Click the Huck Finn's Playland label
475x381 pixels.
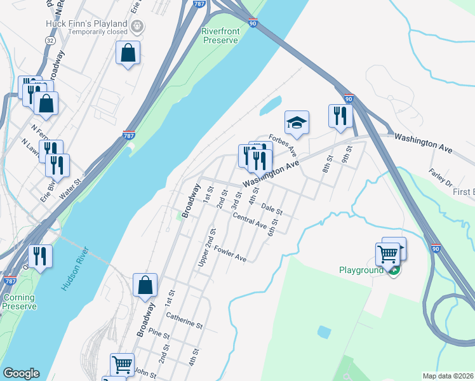(x=86, y=24)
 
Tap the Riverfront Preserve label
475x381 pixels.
(x=220, y=36)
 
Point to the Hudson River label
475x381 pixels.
(x=75, y=267)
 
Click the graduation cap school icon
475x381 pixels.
(x=297, y=123)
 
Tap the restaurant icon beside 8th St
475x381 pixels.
(x=340, y=116)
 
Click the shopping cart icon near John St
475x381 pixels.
(x=122, y=364)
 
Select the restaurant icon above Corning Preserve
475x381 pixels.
(x=40, y=256)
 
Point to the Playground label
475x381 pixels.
(x=360, y=270)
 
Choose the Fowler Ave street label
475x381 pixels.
(x=230, y=254)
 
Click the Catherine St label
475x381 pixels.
(x=184, y=320)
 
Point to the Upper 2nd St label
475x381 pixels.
(x=206, y=248)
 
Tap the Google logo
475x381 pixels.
(x=21, y=373)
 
